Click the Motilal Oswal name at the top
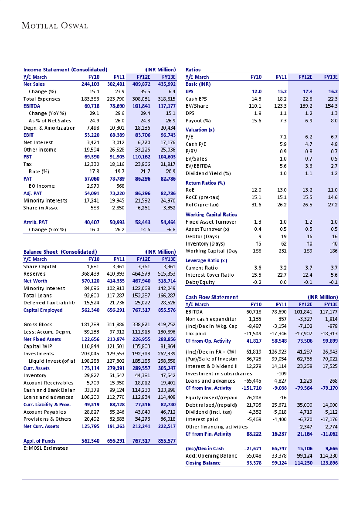(55, 26)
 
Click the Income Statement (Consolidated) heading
(65, 70)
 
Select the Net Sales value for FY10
(91, 84)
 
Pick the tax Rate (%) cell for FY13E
(168, 171)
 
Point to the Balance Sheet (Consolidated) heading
(60, 252)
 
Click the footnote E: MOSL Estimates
(45, 448)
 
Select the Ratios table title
(193, 70)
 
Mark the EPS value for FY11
(281, 91)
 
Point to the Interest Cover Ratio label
(209, 275)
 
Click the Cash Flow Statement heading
(212, 297)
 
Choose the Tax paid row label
(196, 334)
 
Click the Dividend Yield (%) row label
(208, 173)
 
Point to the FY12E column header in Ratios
(306, 77)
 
